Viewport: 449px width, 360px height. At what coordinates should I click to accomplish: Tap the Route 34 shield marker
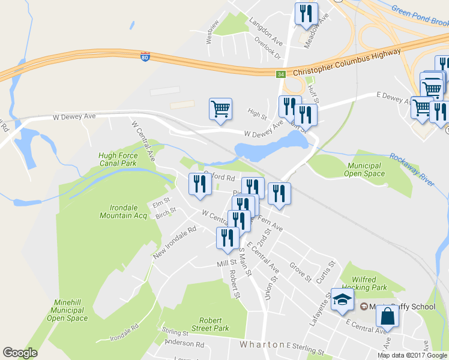tap(280, 74)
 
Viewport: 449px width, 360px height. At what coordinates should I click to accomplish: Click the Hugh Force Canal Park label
tap(118, 160)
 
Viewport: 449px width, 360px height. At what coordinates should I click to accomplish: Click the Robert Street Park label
tap(211, 325)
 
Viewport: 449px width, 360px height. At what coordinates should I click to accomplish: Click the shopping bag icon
tap(388, 316)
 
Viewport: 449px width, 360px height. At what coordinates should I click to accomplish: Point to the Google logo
tap(20, 353)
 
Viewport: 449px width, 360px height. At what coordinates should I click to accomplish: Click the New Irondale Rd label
tap(175, 242)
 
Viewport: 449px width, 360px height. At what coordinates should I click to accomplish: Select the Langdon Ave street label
tap(267, 28)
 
